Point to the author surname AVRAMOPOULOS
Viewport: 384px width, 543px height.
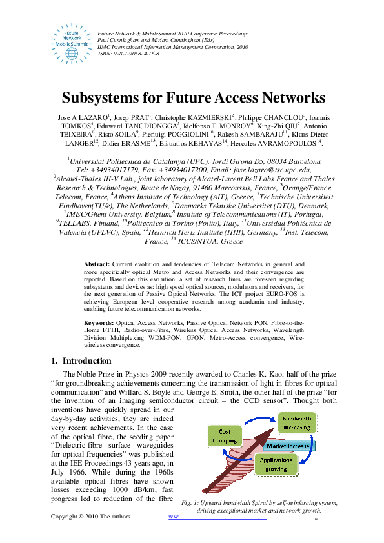tap(286, 143)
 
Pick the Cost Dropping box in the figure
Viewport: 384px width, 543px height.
tap(225, 437)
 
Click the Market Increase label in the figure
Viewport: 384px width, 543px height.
tap(288, 445)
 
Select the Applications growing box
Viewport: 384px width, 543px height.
tap(276, 464)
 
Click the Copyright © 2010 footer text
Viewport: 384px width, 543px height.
tap(90, 517)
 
